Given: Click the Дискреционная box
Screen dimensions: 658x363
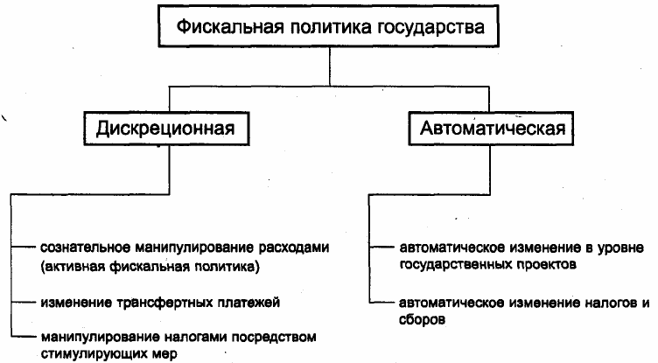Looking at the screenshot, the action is [166, 129].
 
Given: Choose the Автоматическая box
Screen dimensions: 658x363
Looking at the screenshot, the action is [491, 129].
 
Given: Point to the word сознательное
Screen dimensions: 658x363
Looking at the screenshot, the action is [85, 248].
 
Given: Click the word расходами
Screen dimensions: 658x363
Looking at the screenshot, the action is [293, 248].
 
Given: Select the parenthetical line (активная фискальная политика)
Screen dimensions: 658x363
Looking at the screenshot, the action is [150, 267].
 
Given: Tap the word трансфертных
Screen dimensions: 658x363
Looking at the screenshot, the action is [159, 303].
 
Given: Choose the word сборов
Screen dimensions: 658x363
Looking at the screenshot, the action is [422, 319].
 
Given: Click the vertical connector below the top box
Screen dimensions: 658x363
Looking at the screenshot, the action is [330, 66].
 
